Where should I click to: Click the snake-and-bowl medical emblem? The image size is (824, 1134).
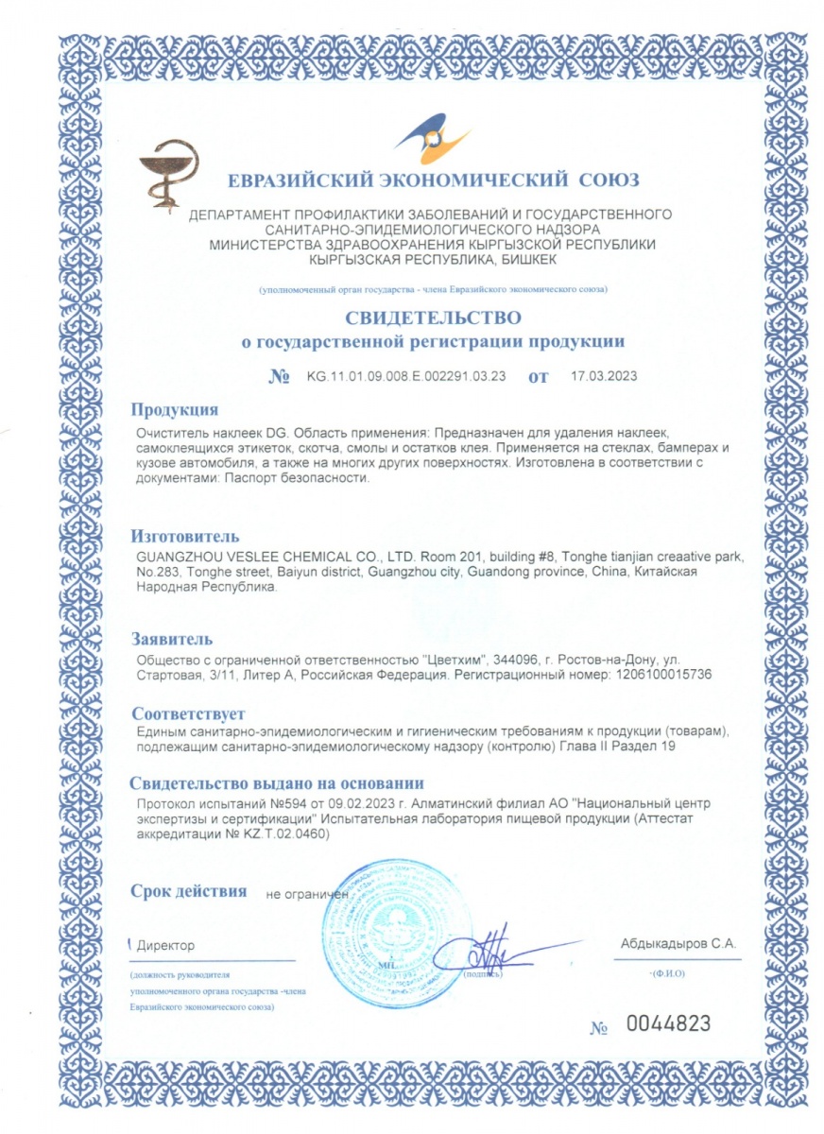[163, 171]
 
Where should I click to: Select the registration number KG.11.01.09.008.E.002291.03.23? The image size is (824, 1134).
[406, 376]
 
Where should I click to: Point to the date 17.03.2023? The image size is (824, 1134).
[604, 376]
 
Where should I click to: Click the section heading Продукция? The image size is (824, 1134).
[175, 409]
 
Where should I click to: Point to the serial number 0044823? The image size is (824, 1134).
[667, 1023]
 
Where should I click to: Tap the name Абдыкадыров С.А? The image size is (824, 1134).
[678, 943]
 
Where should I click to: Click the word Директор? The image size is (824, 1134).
[165, 945]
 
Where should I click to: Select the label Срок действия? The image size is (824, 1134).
[189, 891]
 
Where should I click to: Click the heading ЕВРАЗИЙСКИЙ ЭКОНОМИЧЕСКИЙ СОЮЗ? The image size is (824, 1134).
[433, 180]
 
